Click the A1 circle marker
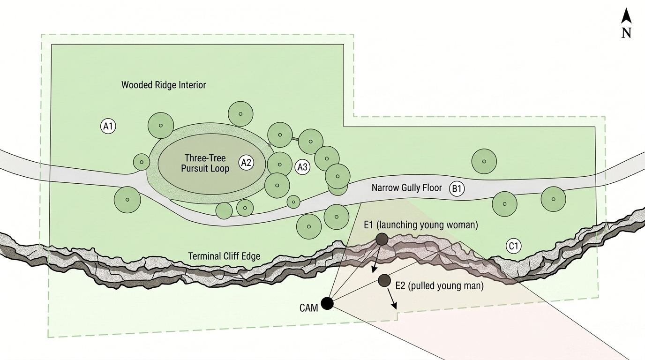tap(108, 126)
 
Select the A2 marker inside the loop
tap(246, 163)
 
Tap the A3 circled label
tap(302, 167)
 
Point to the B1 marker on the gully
tap(457, 189)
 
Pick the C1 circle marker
tap(514, 246)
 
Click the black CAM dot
tap(327, 303)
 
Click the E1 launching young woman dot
tap(382, 240)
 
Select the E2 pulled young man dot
tap(384, 280)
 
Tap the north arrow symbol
tap(626, 16)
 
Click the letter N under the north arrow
tap(626, 33)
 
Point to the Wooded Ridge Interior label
tap(164, 85)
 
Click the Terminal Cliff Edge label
tap(224, 256)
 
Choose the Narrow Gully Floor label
tap(406, 188)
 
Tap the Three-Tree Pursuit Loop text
tap(205, 163)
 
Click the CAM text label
tap(309, 308)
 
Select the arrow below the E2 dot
tap(392, 299)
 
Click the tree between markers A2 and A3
tap(279, 165)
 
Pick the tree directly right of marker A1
tap(161, 125)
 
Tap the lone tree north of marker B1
tap(484, 161)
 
